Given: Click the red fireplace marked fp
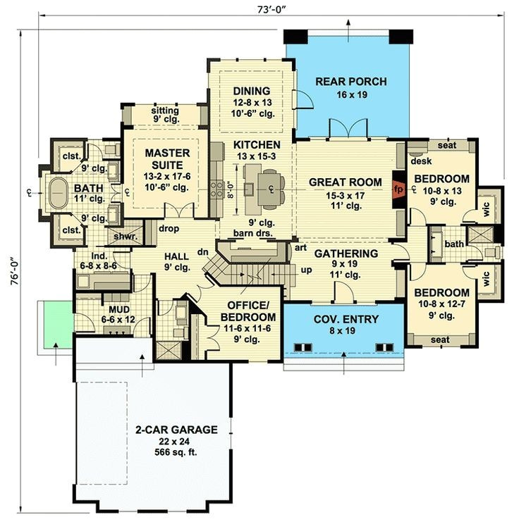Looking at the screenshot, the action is click(x=398, y=189).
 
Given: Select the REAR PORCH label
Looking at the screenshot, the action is click(x=351, y=82).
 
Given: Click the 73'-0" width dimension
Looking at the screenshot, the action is click(x=271, y=10).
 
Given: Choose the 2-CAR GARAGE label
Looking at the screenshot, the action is click(x=176, y=430).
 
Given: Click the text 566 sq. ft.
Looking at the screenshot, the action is click(x=176, y=452).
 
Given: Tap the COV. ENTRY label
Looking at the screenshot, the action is click(x=346, y=319).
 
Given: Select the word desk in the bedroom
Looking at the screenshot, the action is click(x=421, y=161).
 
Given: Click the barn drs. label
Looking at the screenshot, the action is click(x=253, y=233).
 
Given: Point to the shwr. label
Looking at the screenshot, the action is click(x=126, y=237).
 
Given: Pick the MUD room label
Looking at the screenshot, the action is click(x=119, y=309).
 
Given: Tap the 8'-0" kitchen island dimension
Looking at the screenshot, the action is click(x=231, y=190).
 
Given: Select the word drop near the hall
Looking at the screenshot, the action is click(x=169, y=229).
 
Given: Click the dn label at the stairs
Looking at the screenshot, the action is click(x=203, y=252).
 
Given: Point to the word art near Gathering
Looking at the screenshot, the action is click(x=300, y=248).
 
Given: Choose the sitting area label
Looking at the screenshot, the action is click(x=165, y=111).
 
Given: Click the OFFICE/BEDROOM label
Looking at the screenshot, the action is click(x=248, y=311).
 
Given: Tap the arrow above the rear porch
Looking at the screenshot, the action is click(x=348, y=31).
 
